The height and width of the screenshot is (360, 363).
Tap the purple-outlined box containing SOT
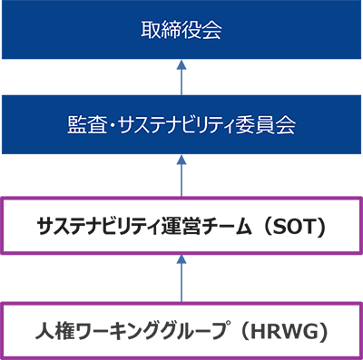coord(181,225)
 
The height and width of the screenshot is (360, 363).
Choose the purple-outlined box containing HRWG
coord(181,329)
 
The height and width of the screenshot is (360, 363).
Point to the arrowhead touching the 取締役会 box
coord(181,65)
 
